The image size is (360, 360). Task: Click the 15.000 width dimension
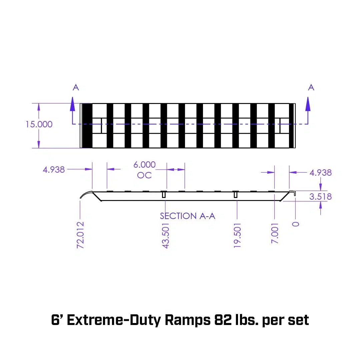39,124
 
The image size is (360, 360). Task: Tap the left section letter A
76,87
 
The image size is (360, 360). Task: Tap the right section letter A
311,87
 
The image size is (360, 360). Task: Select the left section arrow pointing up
73,104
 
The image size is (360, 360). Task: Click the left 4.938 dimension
54,170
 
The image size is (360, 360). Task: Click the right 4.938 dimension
320,173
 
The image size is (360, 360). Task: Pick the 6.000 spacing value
144,165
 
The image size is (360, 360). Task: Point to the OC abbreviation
144,175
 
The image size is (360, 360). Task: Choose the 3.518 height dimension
320,197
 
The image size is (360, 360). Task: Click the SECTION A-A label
188,216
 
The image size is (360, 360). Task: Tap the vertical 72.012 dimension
80,235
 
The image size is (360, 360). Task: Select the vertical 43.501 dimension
166,236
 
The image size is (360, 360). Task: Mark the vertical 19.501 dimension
237,236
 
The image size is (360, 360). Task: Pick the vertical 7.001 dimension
275,233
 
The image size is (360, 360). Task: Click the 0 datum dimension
296,224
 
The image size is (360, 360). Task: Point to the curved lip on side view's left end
85,195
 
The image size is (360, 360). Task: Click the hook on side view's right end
294,193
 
